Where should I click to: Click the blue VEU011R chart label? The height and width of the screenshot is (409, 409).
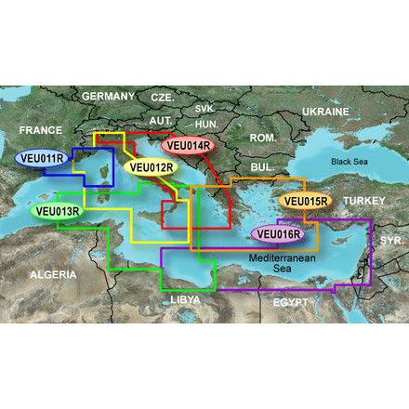click(x=41, y=157)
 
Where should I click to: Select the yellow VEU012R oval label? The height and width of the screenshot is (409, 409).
click(x=150, y=168)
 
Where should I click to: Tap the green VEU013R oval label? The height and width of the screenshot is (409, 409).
click(x=58, y=211)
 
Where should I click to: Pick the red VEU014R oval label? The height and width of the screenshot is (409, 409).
click(x=189, y=145)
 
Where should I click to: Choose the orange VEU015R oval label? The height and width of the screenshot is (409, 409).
click(x=304, y=201)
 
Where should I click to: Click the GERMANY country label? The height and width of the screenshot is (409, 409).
click(x=109, y=97)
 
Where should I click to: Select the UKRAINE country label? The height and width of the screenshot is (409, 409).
click(x=324, y=112)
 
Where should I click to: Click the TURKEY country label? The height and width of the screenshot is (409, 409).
click(x=364, y=201)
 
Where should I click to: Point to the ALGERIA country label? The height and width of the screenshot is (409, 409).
click(x=54, y=275)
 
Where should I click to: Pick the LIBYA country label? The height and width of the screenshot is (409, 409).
click(x=184, y=300)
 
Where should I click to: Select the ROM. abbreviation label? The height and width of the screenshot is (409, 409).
click(x=263, y=138)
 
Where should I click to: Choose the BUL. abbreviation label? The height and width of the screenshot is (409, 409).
click(x=262, y=167)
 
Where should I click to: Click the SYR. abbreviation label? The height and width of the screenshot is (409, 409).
click(x=391, y=240)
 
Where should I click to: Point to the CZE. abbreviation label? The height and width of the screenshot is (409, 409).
click(x=163, y=98)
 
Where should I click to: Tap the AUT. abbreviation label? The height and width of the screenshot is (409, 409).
click(x=161, y=121)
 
